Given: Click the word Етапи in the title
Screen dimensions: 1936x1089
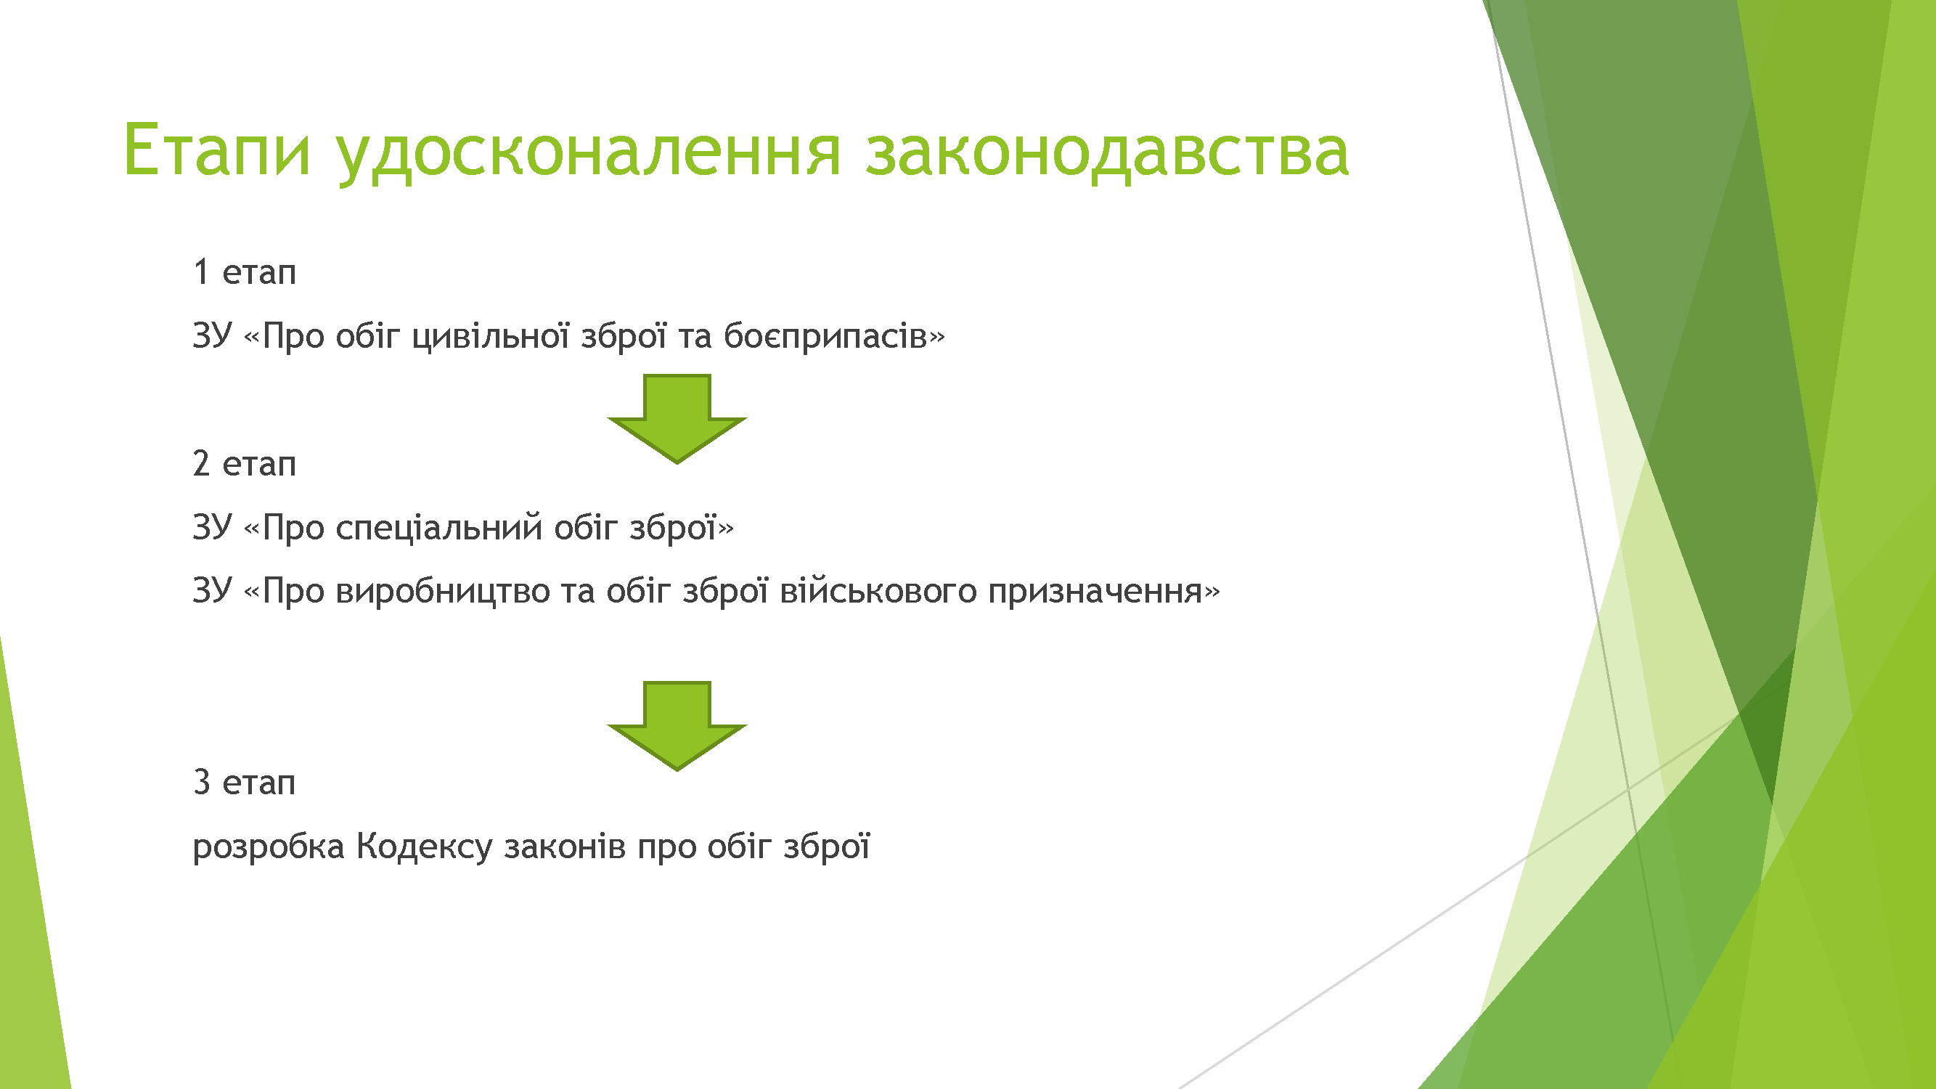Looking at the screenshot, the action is tap(217, 151).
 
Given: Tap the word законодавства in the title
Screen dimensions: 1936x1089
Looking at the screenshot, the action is tap(1107, 155).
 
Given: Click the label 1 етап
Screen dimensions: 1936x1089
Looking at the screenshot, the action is tap(244, 272).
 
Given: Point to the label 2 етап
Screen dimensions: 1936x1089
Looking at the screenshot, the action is tap(244, 463).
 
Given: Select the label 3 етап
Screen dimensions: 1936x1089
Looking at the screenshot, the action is tap(244, 783).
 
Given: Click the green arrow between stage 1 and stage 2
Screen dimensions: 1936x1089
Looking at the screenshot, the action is tap(677, 419).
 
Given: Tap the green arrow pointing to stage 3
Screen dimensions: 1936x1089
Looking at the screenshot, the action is tap(677, 726).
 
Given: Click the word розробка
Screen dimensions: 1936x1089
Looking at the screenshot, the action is tap(269, 847).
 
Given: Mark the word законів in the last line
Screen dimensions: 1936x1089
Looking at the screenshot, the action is tap(565, 847).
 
